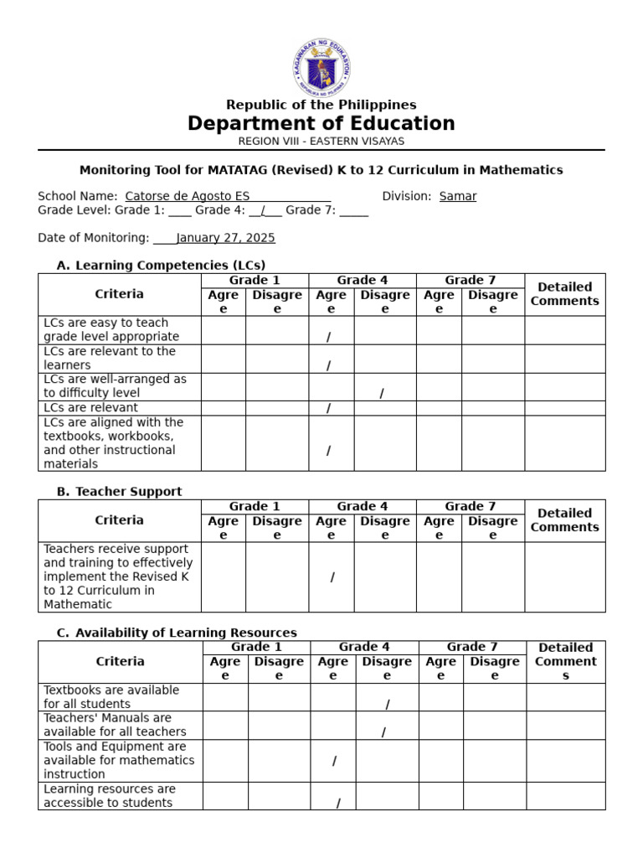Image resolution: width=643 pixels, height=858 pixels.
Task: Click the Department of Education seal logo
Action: [x=321, y=67]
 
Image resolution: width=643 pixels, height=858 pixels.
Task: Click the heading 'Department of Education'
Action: [x=321, y=124]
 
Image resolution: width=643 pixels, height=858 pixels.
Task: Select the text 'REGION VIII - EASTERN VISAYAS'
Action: [x=321, y=142]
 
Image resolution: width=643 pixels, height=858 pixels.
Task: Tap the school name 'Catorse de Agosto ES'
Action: [x=187, y=196]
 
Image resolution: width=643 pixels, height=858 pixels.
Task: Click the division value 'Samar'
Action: [x=458, y=196]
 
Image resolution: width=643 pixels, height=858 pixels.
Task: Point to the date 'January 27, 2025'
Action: [x=225, y=238]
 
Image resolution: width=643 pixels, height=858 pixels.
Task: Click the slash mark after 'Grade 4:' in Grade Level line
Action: [x=263, y=210]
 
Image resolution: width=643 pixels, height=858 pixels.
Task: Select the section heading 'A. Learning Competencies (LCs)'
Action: [x=161, y=265]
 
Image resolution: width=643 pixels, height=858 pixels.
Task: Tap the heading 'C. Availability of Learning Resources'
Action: [x=177, y=633]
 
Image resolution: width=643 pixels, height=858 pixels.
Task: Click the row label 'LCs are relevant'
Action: [x=90, y=408]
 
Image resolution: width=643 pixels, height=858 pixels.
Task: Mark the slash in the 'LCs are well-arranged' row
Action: [x=382, y=393]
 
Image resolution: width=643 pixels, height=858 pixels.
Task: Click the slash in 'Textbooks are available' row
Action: [x=387, y=705]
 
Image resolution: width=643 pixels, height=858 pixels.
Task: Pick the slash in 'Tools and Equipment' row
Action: [x=334, y=761]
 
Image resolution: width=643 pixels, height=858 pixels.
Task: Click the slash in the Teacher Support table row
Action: [x=332, y=577]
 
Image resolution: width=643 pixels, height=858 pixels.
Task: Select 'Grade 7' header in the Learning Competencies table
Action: [x=471, y=281]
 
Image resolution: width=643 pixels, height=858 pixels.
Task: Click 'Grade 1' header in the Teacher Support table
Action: [x=255, y=506]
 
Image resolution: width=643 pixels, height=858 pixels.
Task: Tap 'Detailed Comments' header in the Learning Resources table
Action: [x=566, y=661]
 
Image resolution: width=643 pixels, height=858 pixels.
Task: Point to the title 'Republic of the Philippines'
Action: [x=321, y=105]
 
